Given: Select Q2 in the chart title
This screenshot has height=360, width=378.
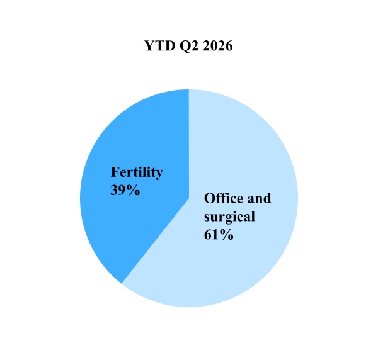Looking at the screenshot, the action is [189, 46].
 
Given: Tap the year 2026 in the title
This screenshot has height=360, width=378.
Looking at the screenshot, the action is [218, 45].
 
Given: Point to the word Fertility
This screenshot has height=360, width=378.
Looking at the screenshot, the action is [137, 172].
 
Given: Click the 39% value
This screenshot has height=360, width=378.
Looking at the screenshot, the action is [125, 190].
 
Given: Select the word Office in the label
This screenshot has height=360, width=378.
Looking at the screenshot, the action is [224, 198].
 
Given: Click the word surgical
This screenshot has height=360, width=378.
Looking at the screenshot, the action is [229, 217].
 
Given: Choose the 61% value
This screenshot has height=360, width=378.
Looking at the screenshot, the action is [219, 235].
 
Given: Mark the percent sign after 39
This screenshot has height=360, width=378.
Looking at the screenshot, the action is [134, 190].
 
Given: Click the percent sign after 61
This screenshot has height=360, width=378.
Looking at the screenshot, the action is [227, 235].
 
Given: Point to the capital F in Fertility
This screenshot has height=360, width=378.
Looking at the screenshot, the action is [115, 172].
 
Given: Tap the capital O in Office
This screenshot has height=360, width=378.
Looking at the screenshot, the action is [209, 198].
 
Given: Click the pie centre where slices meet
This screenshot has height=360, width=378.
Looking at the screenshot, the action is [189, 198].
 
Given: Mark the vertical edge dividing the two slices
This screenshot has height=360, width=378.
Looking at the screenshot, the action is [189, 143].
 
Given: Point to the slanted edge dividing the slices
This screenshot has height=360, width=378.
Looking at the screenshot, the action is [155, 241].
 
